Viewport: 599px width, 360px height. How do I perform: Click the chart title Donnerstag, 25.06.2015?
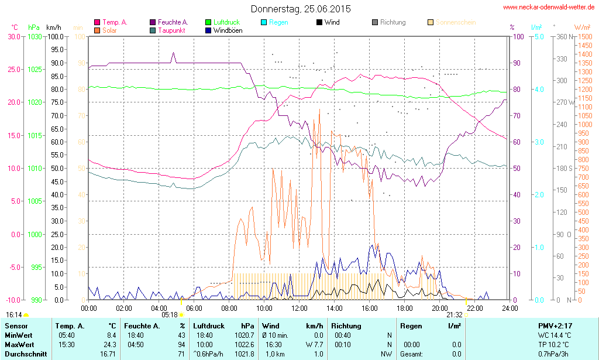point(301,9)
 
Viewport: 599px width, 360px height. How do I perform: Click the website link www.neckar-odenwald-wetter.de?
point(549,8)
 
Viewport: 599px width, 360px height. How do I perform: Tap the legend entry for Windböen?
point(228,30)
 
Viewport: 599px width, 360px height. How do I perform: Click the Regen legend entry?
point(278,22)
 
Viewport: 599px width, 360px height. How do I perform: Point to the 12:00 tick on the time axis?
point(299,308)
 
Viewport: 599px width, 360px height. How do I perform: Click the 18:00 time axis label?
point(405,308)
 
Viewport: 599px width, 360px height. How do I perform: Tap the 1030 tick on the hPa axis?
point(35,36)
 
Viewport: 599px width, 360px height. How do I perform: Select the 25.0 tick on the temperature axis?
point(13,69)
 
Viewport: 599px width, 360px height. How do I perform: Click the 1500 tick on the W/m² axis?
point(584,36)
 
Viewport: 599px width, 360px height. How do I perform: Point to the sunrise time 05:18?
point(170,314)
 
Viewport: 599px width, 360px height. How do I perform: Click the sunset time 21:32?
point(455,314)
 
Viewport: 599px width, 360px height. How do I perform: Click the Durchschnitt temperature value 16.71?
point(108,354)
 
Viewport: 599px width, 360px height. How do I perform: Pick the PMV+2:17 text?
point(555,325)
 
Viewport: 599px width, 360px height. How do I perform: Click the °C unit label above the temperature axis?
point(15,28)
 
